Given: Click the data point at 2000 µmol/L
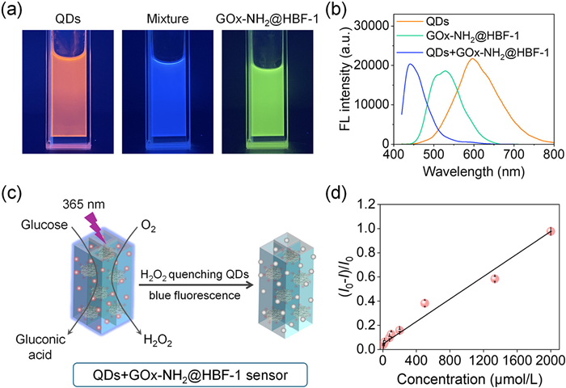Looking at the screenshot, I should tap(551, 231).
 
